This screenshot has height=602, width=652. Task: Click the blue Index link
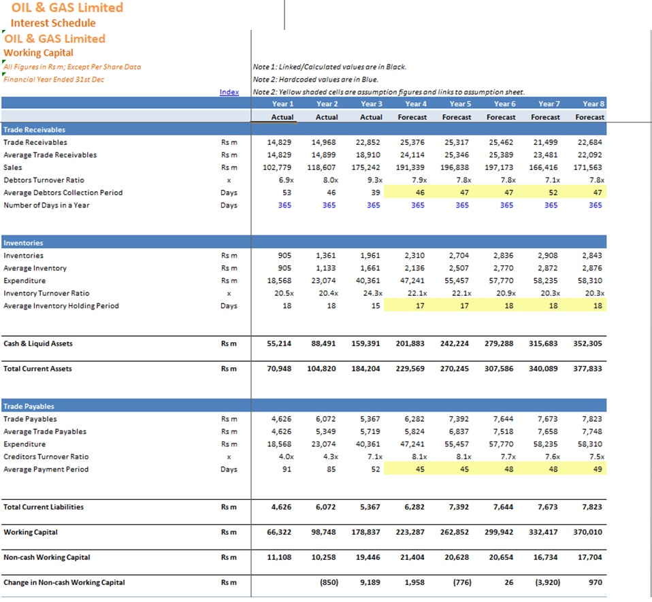[x=229, y=92]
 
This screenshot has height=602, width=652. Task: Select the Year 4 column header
[x=416, y=104]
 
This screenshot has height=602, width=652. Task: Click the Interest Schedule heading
[x=53, y=23]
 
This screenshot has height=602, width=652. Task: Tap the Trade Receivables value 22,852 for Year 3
[x=368, y=142]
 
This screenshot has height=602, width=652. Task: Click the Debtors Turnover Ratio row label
[x=44, y=180]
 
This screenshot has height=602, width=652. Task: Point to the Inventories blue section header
[x=23, y=243]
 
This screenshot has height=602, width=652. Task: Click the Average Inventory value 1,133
[x=325, y=268]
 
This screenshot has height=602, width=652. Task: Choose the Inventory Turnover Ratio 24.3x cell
[x=372, y=293]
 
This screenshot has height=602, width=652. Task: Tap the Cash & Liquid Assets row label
[x=38, y=343]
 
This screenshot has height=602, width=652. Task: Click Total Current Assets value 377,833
[x=587, y=369]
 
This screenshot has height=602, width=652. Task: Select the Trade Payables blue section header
[x=29, y=406]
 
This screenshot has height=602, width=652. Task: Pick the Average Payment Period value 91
[x=287, y=469]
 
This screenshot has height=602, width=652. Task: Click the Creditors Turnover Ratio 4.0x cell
[x=286, y=456]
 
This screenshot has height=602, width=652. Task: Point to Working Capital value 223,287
[x=410, y=532]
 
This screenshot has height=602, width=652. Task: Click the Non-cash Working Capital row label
[x=46, y=557]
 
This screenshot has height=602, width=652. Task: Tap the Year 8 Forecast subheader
[x=589, y=117]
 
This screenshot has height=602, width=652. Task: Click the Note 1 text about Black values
[x=329, y=67]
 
